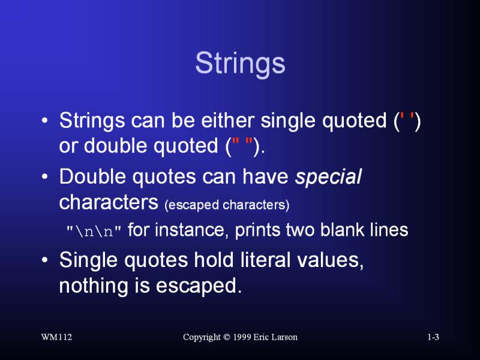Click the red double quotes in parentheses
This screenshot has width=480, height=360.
[242, 143]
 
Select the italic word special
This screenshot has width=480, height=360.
[328, 176]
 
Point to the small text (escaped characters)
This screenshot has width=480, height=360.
[227, 205]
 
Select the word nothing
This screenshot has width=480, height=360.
[94, 286]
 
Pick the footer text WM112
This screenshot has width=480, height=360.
[56, 337]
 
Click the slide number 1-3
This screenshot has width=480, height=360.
[433, 337]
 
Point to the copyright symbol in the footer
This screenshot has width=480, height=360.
[227, 337]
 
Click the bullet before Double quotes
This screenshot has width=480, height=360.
[44, 176]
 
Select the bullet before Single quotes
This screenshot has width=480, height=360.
[44, 260]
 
